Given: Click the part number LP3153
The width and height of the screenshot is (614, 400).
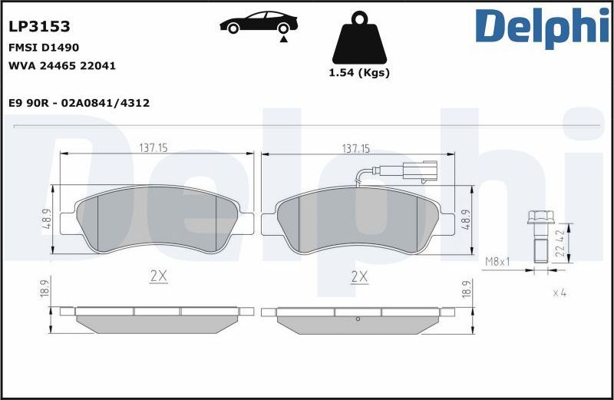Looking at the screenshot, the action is (39, 26).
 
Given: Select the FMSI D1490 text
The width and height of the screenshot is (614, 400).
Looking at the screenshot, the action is (44, 48).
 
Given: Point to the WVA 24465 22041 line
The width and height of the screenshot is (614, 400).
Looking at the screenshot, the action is (62, 65).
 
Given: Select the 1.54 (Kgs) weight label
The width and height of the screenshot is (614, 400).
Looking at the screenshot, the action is (359, 72).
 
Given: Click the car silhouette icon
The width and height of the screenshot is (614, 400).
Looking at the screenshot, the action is (259, 22).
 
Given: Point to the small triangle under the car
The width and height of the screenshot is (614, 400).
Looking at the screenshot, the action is (283, 39).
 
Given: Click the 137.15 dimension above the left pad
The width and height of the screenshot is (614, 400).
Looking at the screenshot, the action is (153, 147).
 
